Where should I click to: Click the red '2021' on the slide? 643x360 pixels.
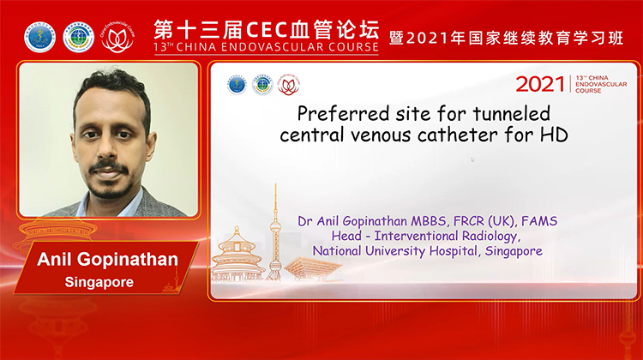point(540,84)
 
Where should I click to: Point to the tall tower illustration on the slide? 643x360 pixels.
point(276,227)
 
